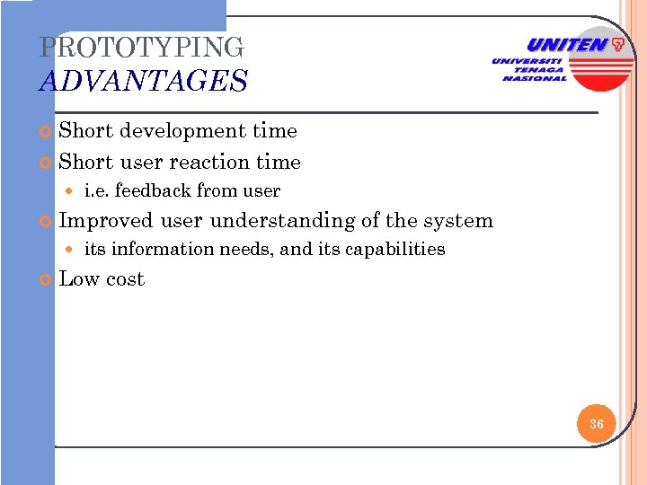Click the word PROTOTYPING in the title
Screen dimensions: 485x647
(142, 48)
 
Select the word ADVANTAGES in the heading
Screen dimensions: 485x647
(144, 82)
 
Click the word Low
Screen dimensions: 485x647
(78, 279)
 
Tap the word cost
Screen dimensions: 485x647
(125, 280)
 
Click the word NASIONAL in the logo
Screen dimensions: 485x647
(535, 78)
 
